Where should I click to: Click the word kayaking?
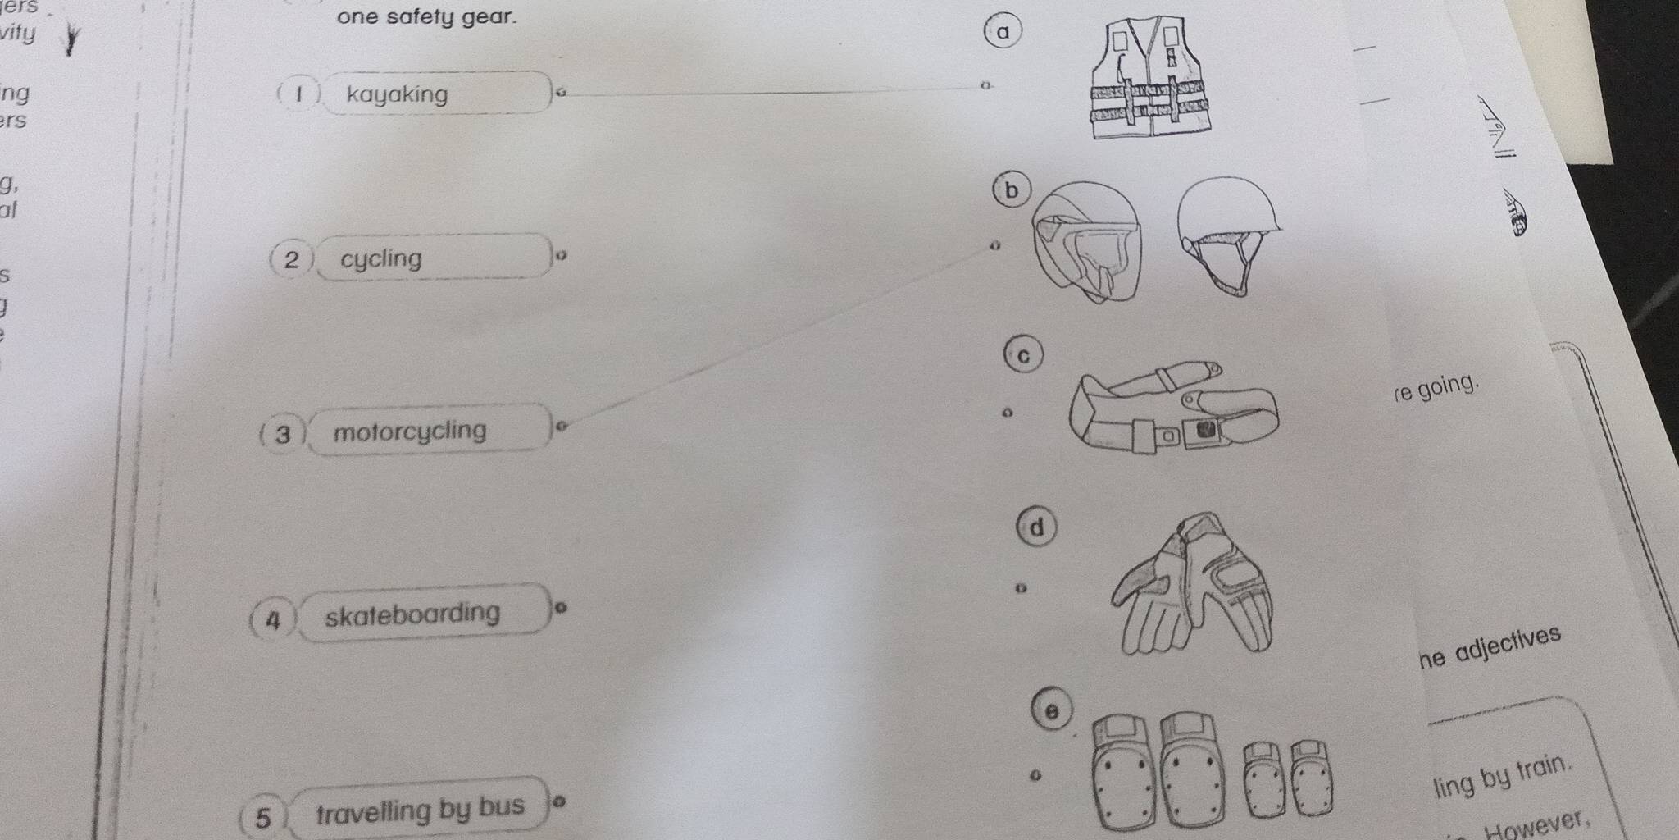[398, 95]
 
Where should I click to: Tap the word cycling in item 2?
[381, 259]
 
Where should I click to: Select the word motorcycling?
[410, 431]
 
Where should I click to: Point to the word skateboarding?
[412, 614]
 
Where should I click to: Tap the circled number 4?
[273, 619]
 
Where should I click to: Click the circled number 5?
[262, 817]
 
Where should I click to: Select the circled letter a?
[1002, 33]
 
